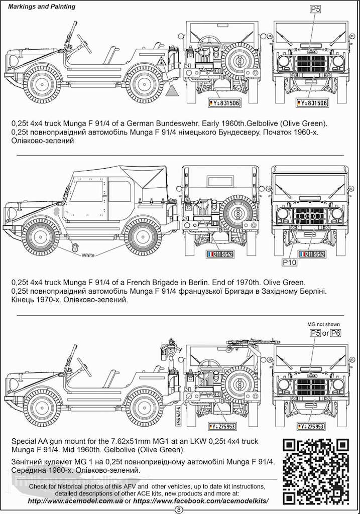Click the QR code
pyautogui.click(x=315, y=470)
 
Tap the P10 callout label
pyautogui.click(x=290, y=262)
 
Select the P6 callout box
pyautogui.click(x=336, y=333)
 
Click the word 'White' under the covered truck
pyautogui.click(x=88, y=255)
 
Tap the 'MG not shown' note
pyautogui.click(x=324, y=324)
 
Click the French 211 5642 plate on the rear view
pyautogui.click(x=220, y=254)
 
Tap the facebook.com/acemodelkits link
pyautogui.click(x=202, y=501)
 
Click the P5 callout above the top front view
pyautogui.click(x=315, y=9)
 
